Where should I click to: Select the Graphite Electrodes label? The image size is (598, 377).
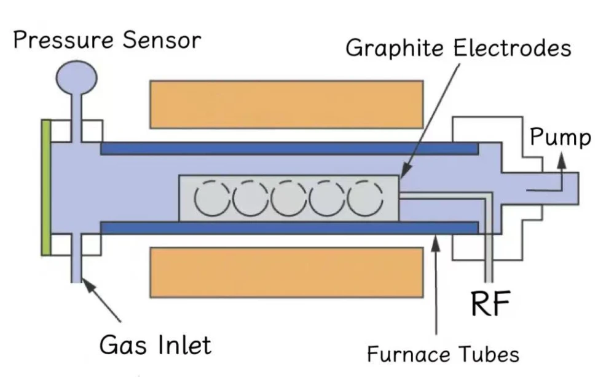[x=458, y=47]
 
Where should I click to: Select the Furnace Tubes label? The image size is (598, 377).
[x=443, y=354]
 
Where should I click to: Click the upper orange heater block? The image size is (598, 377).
[x=286, y=103]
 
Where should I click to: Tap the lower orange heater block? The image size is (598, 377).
[x=286, y=271]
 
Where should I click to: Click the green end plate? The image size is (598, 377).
[x=45, y=188]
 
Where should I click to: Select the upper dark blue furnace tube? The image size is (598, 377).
[x=289, y=148]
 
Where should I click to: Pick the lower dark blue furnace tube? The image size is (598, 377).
[x=289, y=228]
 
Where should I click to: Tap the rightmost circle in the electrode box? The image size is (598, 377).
[x=365, y=199]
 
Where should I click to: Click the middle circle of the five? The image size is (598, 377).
[x=288, y=199]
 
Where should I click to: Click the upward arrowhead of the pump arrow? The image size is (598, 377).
[x=561, y=159]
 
